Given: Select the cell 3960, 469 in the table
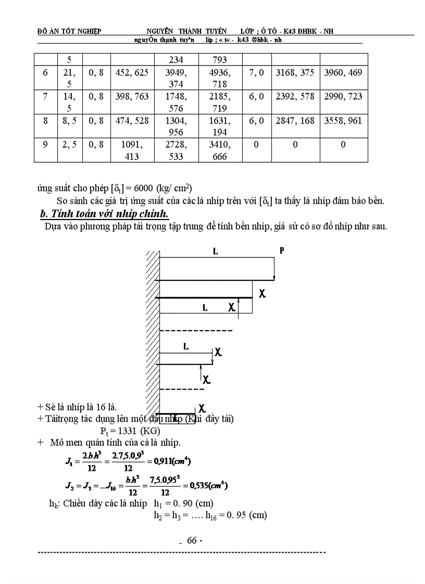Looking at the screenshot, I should point(343,73).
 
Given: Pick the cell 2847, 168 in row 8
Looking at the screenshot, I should point(295,121).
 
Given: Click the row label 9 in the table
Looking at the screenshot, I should point(45,145).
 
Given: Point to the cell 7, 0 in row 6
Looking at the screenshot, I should point(256,73).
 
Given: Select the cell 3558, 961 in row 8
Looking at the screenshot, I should point(343,121).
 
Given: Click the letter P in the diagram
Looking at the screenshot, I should point(282,251).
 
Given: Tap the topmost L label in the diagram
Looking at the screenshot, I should point(215,251).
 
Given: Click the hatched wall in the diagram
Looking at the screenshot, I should point(152,333).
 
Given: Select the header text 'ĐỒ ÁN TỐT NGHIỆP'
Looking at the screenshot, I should point(69,31).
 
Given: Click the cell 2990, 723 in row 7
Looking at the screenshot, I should point(343,97).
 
